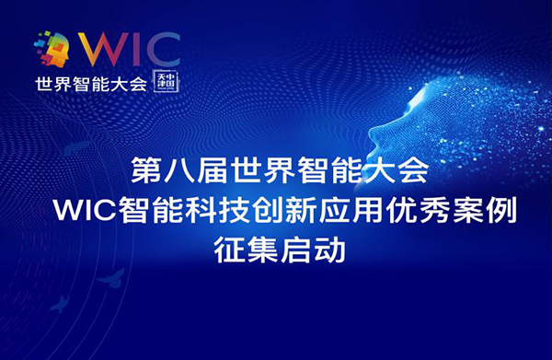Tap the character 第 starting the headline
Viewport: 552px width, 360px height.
145,171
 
